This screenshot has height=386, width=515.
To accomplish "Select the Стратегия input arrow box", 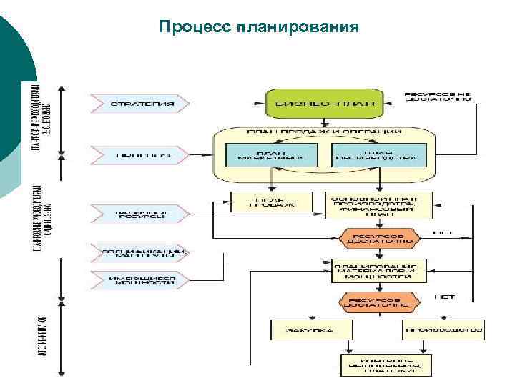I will [140, 103].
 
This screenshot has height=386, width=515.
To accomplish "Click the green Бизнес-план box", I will [324, 103].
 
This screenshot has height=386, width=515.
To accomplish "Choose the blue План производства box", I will [379, 155].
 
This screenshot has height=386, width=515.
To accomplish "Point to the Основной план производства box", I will [378, 204].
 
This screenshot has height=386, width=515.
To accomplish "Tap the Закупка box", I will [311, 330].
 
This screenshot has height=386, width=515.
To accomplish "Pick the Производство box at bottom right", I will [443, 330].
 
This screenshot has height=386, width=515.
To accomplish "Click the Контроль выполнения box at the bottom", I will [386, 364].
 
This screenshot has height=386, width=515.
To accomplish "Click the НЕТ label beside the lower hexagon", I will [444, 295].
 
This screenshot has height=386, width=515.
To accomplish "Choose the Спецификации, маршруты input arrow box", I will [140, 254].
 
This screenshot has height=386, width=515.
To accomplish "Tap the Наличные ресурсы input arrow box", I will [140, 213].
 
